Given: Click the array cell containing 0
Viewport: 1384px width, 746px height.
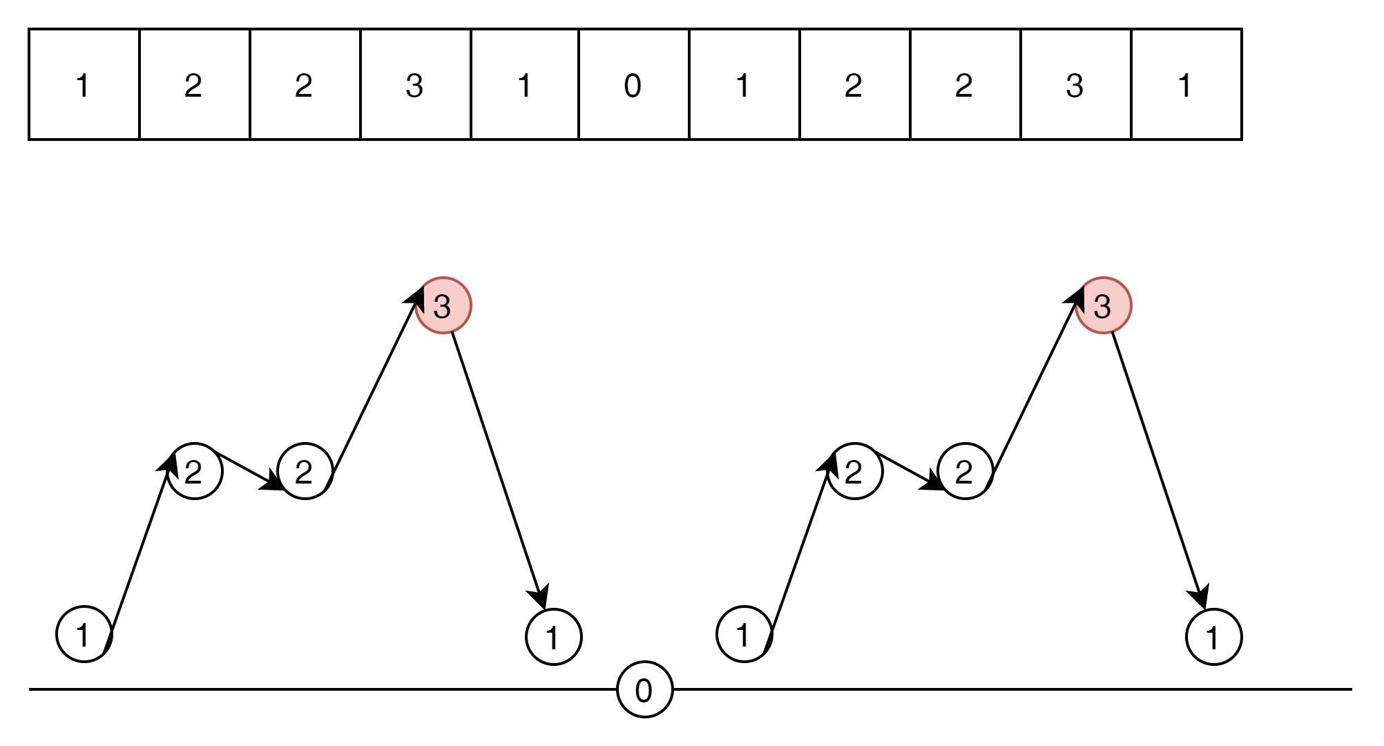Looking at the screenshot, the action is pos(633,84).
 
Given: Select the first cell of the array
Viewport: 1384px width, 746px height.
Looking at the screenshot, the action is pos(84,84).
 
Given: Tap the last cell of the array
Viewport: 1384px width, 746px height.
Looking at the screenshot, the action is pos(1186,84).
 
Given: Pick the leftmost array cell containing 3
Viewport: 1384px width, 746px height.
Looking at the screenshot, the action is pos(415,84).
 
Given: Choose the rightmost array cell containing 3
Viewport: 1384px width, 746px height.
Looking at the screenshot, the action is pos(1075,84).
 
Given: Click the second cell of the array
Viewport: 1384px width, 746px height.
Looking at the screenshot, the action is pos(194,84).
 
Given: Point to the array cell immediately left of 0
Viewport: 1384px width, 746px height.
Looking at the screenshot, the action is pos(524,84).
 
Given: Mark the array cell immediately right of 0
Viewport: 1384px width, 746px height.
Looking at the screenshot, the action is pos(744,84).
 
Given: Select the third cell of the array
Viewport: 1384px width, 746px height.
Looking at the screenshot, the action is pos(305,84).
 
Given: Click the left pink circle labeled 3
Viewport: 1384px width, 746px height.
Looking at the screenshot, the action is pos(443,305).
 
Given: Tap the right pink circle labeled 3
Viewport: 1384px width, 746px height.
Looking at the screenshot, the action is pos(1104,305).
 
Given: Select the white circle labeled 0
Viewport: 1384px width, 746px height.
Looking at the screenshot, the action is pos(645,689).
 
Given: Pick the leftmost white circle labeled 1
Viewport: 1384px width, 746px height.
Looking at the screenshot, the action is pos(84,634).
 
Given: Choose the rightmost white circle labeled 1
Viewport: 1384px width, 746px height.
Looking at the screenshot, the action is pos(1214,637).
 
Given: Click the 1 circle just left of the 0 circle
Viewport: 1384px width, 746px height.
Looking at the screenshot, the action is pos(554,637).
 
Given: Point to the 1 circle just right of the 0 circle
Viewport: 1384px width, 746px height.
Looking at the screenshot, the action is pos(744,634).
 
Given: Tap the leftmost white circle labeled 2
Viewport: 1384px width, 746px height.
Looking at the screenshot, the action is pos(195,472).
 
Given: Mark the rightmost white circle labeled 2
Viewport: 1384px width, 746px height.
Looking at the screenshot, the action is pos(965,472).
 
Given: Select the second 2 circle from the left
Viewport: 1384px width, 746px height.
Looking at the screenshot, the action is pos(305,472).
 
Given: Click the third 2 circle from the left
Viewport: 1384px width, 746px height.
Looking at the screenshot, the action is pos(855,472).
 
